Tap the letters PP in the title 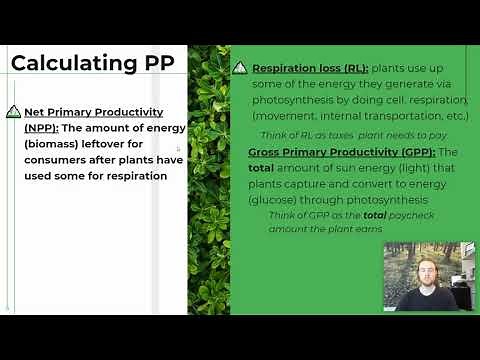[155, 63]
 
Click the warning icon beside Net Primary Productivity [14, 113]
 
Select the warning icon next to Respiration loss [240, 69]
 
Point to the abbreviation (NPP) [41, 128]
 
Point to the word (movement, [288, 117]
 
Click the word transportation [396, 117]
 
